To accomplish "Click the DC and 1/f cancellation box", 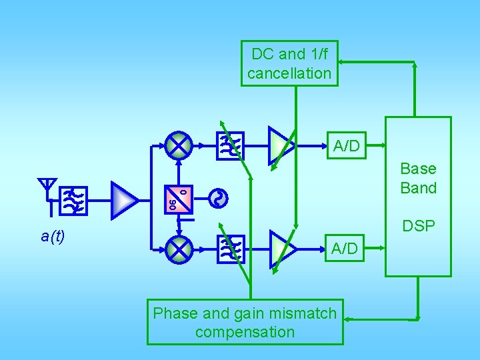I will (x=289, y=63).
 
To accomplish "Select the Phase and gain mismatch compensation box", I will (x=245, y=322).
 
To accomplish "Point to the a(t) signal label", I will (x=53, y=236).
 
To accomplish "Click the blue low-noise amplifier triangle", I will (x=123, y=199).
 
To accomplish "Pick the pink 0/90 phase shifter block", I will (x=179, y=199).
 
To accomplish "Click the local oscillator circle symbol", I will (x=219, y=198).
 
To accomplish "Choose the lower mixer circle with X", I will (x=179, y=249).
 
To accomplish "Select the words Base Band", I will (x=418, y=178).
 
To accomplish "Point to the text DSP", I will (x=418, y=227).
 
